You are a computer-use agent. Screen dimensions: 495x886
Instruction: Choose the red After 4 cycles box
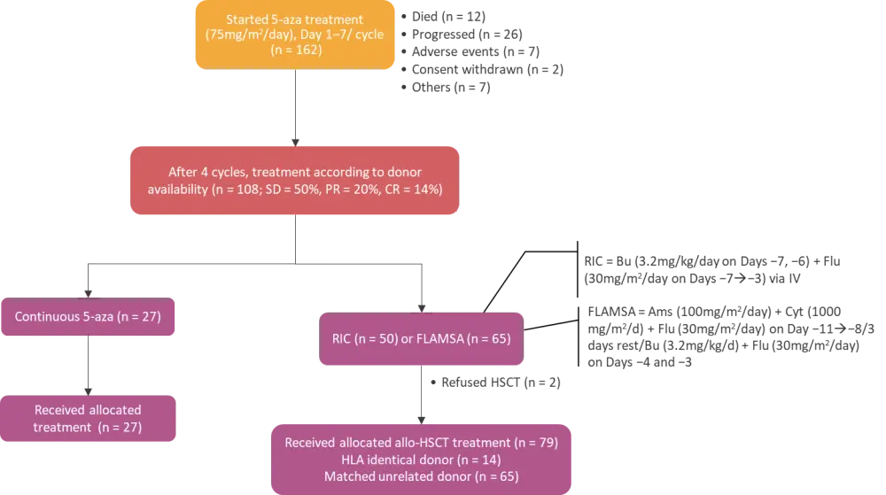pos(294,182)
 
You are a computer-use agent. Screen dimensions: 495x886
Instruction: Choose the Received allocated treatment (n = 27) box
pos(88,418)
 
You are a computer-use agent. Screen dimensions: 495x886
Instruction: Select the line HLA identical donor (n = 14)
pos(421,460)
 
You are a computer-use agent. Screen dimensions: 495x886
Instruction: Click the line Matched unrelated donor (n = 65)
pos(421,477)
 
